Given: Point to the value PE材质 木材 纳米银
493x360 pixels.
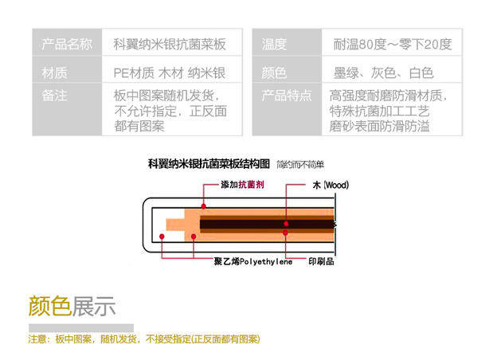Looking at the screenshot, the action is click(x=170, y=73).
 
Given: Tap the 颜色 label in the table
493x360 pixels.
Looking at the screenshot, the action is click(x=275, y=73).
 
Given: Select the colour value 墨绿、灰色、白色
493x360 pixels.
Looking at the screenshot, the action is click(x=384, y=73).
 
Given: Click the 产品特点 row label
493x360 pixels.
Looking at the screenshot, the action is click(x=288, y=96).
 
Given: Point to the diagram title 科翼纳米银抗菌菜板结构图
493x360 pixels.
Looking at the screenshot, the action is click(x=209, y=164).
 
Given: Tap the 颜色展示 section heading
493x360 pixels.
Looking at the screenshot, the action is click(x=72, y=306).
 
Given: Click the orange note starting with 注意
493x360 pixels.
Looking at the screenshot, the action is click(x=143, y=339).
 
